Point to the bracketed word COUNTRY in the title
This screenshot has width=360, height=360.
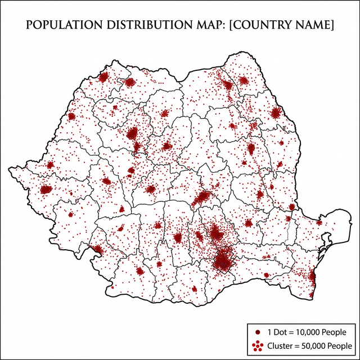click(261, 25)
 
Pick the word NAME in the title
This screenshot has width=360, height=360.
click(313, 25)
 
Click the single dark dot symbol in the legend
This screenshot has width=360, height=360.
click(257, 331)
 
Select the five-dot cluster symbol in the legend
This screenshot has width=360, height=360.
click(257, 345)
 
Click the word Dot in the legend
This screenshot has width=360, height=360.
click(279, 331)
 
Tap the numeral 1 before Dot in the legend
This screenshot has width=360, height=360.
click(269, 331)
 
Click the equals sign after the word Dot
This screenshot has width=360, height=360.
click(291, 331)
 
